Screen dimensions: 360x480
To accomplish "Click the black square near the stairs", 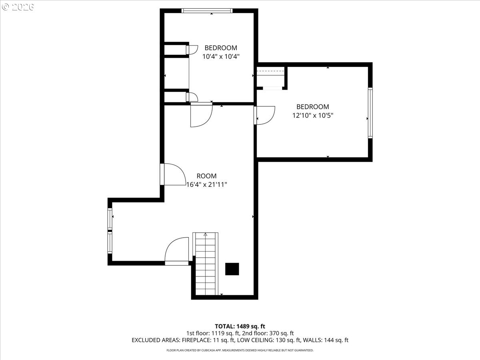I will pyautogui.click(x=232, y=269).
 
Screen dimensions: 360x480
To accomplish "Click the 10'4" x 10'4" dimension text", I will pyautogui.click(x=221, y=56).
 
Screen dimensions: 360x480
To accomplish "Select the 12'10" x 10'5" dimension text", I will pyautogui.click(x=313, y=115).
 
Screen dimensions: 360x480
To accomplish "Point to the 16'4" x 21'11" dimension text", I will pyautogui.click(x=207, y=184).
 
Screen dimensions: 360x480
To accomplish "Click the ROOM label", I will pyautogui.click(x=206, y=176).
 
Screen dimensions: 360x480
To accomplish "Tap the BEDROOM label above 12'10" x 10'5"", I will pyautogui.click(x=312, y=107).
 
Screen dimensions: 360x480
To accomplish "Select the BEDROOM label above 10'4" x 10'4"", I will pyautogui.click(x=221, y=48).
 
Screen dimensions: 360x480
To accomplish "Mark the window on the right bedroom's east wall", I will pyautogui.click(x=370, y=113).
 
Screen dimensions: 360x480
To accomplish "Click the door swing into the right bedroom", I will pyautogui.click(x=265, y=116).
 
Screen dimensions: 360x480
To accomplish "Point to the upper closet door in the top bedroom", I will pyautogui.click(x=192, y=49).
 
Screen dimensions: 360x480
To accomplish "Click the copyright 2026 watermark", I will pyautogui.click(x=18, y=7).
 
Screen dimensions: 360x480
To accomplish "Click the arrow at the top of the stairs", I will pyautogui.click(x=206, y=235).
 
